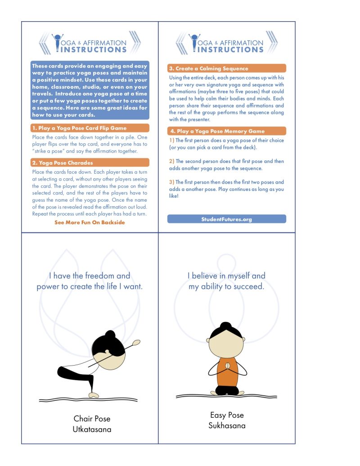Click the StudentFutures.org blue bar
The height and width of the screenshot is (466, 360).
click(227, 219)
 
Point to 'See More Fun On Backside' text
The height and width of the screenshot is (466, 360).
click(90, 222)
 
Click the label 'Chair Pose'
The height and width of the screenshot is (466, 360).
click(92, 419)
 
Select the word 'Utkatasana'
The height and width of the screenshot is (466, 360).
click(92, 430)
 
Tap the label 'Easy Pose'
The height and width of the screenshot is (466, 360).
click(227, 415)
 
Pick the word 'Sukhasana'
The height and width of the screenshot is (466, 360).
click(227, 425)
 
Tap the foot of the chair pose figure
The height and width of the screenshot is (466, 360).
click(93, 395)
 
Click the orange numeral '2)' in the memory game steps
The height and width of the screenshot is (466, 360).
click(171, 161)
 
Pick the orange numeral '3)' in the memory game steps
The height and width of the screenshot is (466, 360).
click(171, 182)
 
